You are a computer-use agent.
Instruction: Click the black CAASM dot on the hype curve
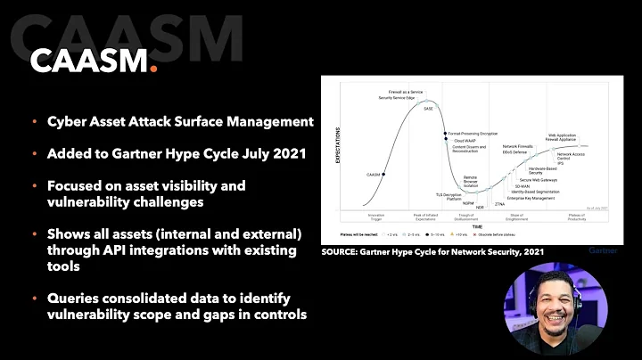pyautogui.click(x=383, y=175)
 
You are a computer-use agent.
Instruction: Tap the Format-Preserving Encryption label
pyautogui.click(x=473, y=133)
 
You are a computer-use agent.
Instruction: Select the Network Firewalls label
pyautogui.click(x=518, y=145)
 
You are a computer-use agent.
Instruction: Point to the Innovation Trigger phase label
pyautogui.click(x=377, y=217)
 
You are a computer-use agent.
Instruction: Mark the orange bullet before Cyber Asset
pyautogui.click(x=35, y=120)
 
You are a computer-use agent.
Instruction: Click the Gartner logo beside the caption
pyautogui.click(x=602, y=252)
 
